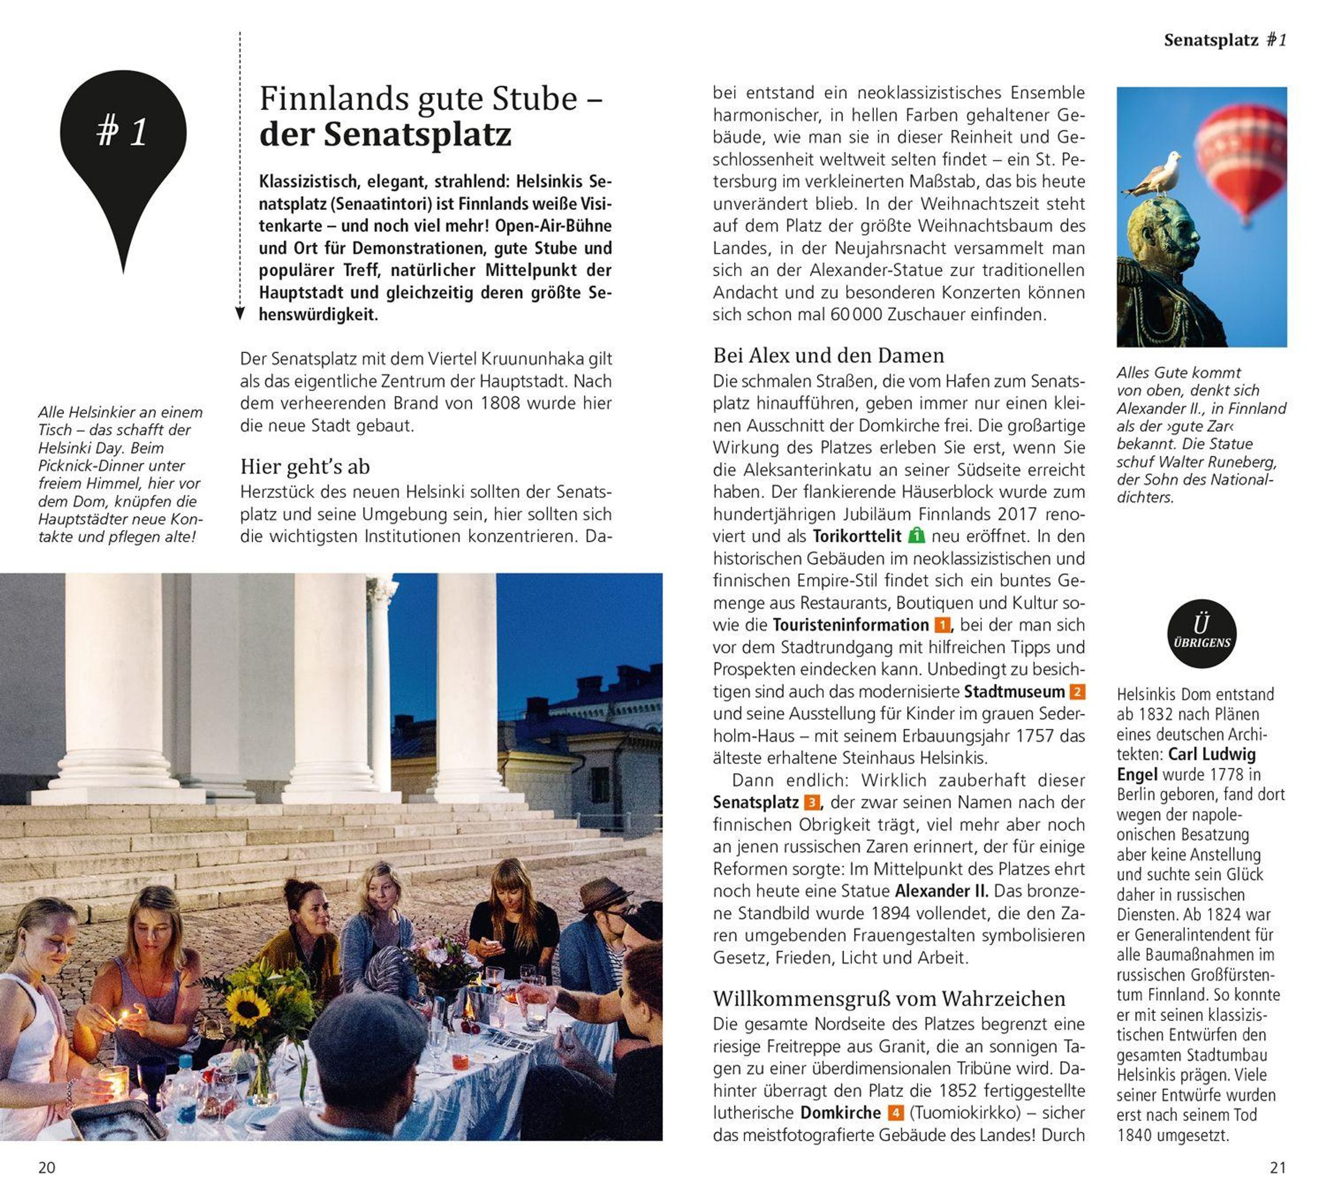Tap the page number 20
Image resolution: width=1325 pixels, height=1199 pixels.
coord(47,1168)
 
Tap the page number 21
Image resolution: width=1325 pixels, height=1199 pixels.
coord(1277,1168)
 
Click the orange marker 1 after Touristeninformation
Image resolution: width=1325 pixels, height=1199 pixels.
coord(942,625)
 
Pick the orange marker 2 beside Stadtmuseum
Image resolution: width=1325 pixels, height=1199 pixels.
coord(1077,691)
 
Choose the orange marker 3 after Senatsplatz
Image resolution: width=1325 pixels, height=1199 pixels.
coord(812,802)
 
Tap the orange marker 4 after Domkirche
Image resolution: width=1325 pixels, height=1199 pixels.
coord(895,1113)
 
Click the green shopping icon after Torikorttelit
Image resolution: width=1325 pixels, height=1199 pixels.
coord(916,536)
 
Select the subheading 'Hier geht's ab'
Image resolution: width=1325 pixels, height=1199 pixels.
coord(305,467)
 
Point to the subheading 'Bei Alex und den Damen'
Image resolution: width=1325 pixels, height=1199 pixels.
coord(828,356)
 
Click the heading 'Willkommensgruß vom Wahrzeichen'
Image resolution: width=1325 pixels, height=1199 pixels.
coord(889,999)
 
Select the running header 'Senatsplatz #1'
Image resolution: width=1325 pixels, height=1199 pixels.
coord(1225,40)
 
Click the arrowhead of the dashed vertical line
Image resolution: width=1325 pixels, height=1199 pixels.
coord(240,314)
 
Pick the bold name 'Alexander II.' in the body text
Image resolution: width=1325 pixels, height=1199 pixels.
coord(941,891)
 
